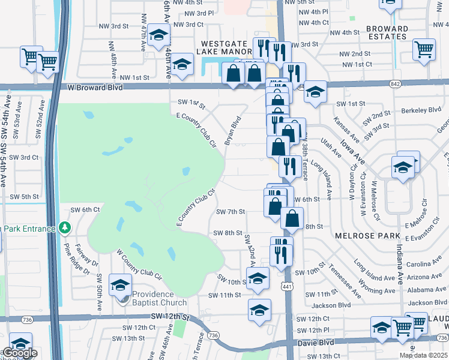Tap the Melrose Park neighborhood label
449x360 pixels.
tap(368, 236)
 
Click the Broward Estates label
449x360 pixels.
tap(387, 32)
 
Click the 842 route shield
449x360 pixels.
tap(394, 83)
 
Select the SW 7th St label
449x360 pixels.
tap(231, 212)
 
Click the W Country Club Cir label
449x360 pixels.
tap(139, 266)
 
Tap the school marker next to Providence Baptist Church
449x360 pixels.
tap(120, 286)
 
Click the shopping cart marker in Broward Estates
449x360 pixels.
tap(424, 49)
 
